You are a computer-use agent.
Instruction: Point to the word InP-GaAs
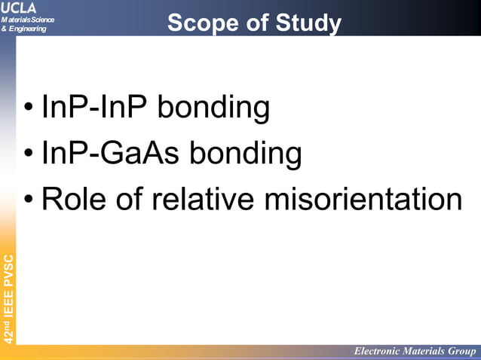(x=111, y=154)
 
